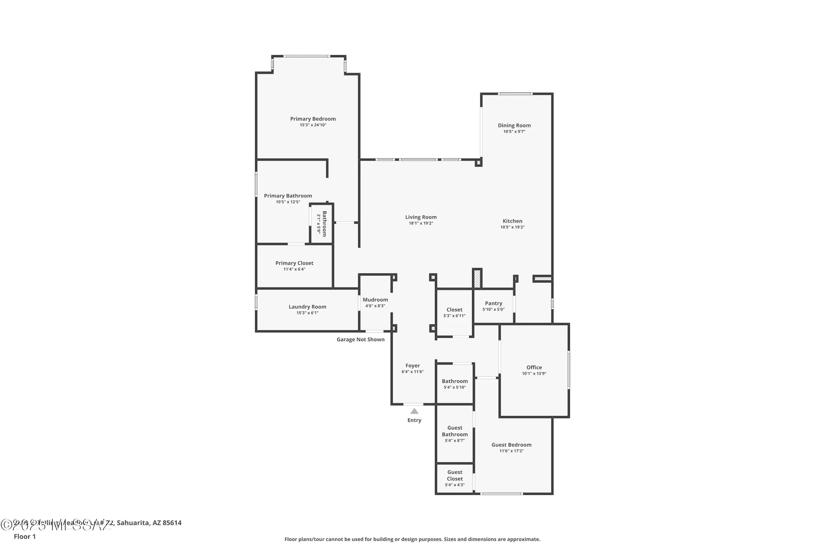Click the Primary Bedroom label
pos(313,119)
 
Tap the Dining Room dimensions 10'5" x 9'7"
pos(514,132)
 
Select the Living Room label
pos(421,217)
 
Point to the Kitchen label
pos(512,221)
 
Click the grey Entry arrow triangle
pos(414,411)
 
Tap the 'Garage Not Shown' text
pos(361,339)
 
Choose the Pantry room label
pos(493,303)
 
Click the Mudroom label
pos(375,300)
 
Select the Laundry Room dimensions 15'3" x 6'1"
pos(307,313)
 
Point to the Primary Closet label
pos(294,263)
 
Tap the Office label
pos(534,367)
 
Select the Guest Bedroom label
pos(511,445)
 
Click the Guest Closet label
pos(455,475)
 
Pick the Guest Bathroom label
pos(455,431)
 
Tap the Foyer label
pos(412,366)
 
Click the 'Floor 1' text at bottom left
pos(25,536)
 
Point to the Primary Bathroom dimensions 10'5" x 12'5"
pos(288,202)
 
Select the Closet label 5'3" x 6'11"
pos(454,310)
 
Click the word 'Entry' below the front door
pos(414,420)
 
